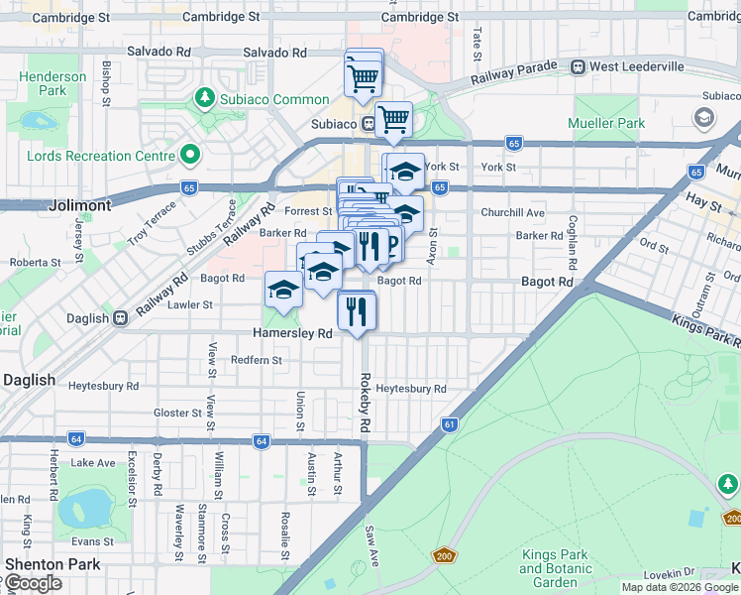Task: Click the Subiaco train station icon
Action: pyautogui.click(x=369, y=124)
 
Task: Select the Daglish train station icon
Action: pyautogui.click(x=121, y=318)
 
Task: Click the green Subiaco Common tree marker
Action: pyautogui.click(x=205, y=98)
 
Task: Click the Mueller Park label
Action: pyautogui.click(x=606, y=124)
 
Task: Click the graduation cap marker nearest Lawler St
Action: pyautogui.click(x=283, y=291)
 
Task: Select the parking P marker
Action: pyautogui.click(x=390, y=243)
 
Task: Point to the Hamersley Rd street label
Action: pyautogui.click(x=292, y=334)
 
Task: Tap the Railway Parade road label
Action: pyautogui.click(x=514, y=71)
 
